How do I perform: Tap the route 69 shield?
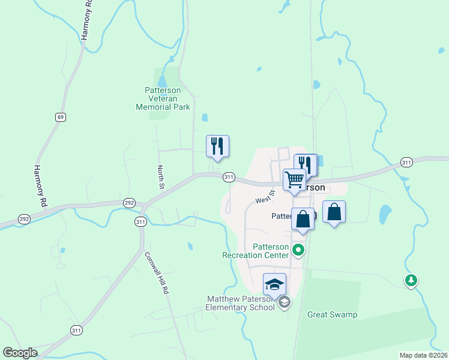61,117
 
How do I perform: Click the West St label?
264,196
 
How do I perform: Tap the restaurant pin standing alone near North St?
218,146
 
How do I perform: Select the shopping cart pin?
294,180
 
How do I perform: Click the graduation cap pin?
274,284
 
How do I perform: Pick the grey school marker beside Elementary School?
285,303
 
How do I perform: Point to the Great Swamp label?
332,314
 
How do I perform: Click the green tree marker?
411,280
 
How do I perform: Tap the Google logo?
20,353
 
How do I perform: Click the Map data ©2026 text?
423,355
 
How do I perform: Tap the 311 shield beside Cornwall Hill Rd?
140,222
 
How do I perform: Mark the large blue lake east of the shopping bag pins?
384,213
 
